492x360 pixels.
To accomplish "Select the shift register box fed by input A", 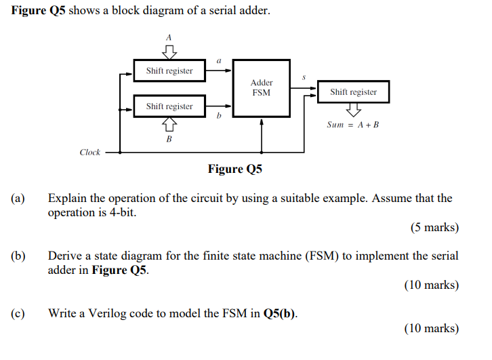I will coord(169,71).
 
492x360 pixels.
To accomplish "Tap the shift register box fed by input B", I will coord(169,106).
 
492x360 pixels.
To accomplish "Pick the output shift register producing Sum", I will coord(353,92).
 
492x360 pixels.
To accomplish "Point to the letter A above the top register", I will coord(169,37).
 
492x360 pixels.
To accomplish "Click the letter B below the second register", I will coord(169,139).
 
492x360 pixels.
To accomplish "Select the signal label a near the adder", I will coord(219,60).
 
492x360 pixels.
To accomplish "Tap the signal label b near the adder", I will coord(219,117).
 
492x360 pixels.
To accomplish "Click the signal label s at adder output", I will coord(304,79).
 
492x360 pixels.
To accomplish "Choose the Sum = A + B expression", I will coord(352,125).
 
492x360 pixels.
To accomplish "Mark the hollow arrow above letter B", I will coord(169,124).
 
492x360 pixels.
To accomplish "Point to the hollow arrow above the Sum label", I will coord(353,109).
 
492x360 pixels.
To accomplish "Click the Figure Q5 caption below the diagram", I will coord(235,169).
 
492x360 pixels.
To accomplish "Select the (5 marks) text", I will coord(434,228).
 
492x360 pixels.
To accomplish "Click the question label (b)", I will coord(18,256).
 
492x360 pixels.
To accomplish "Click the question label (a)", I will coord(18,199).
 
